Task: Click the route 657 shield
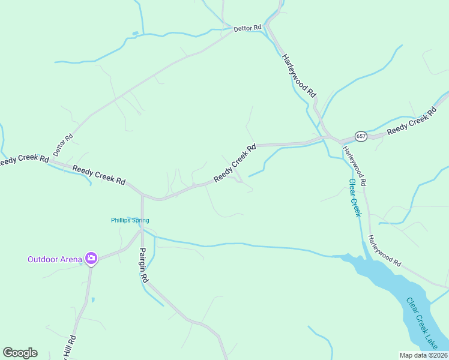[x=360, y=136]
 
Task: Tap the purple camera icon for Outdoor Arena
[x=91, y=259]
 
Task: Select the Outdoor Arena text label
[x=54, y=259]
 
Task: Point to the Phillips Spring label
[x=130, y=220]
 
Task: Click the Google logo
[x=20, y=353]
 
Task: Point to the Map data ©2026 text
[x=423, y=355]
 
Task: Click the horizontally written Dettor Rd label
[x=247, y=28]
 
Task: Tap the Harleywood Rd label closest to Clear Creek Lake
[x=384, y=251]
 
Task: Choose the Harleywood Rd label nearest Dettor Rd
[x=298, y=76]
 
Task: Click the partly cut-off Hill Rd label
[x=70, y=347]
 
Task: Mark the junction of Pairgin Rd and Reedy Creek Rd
[x=142, y=194]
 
